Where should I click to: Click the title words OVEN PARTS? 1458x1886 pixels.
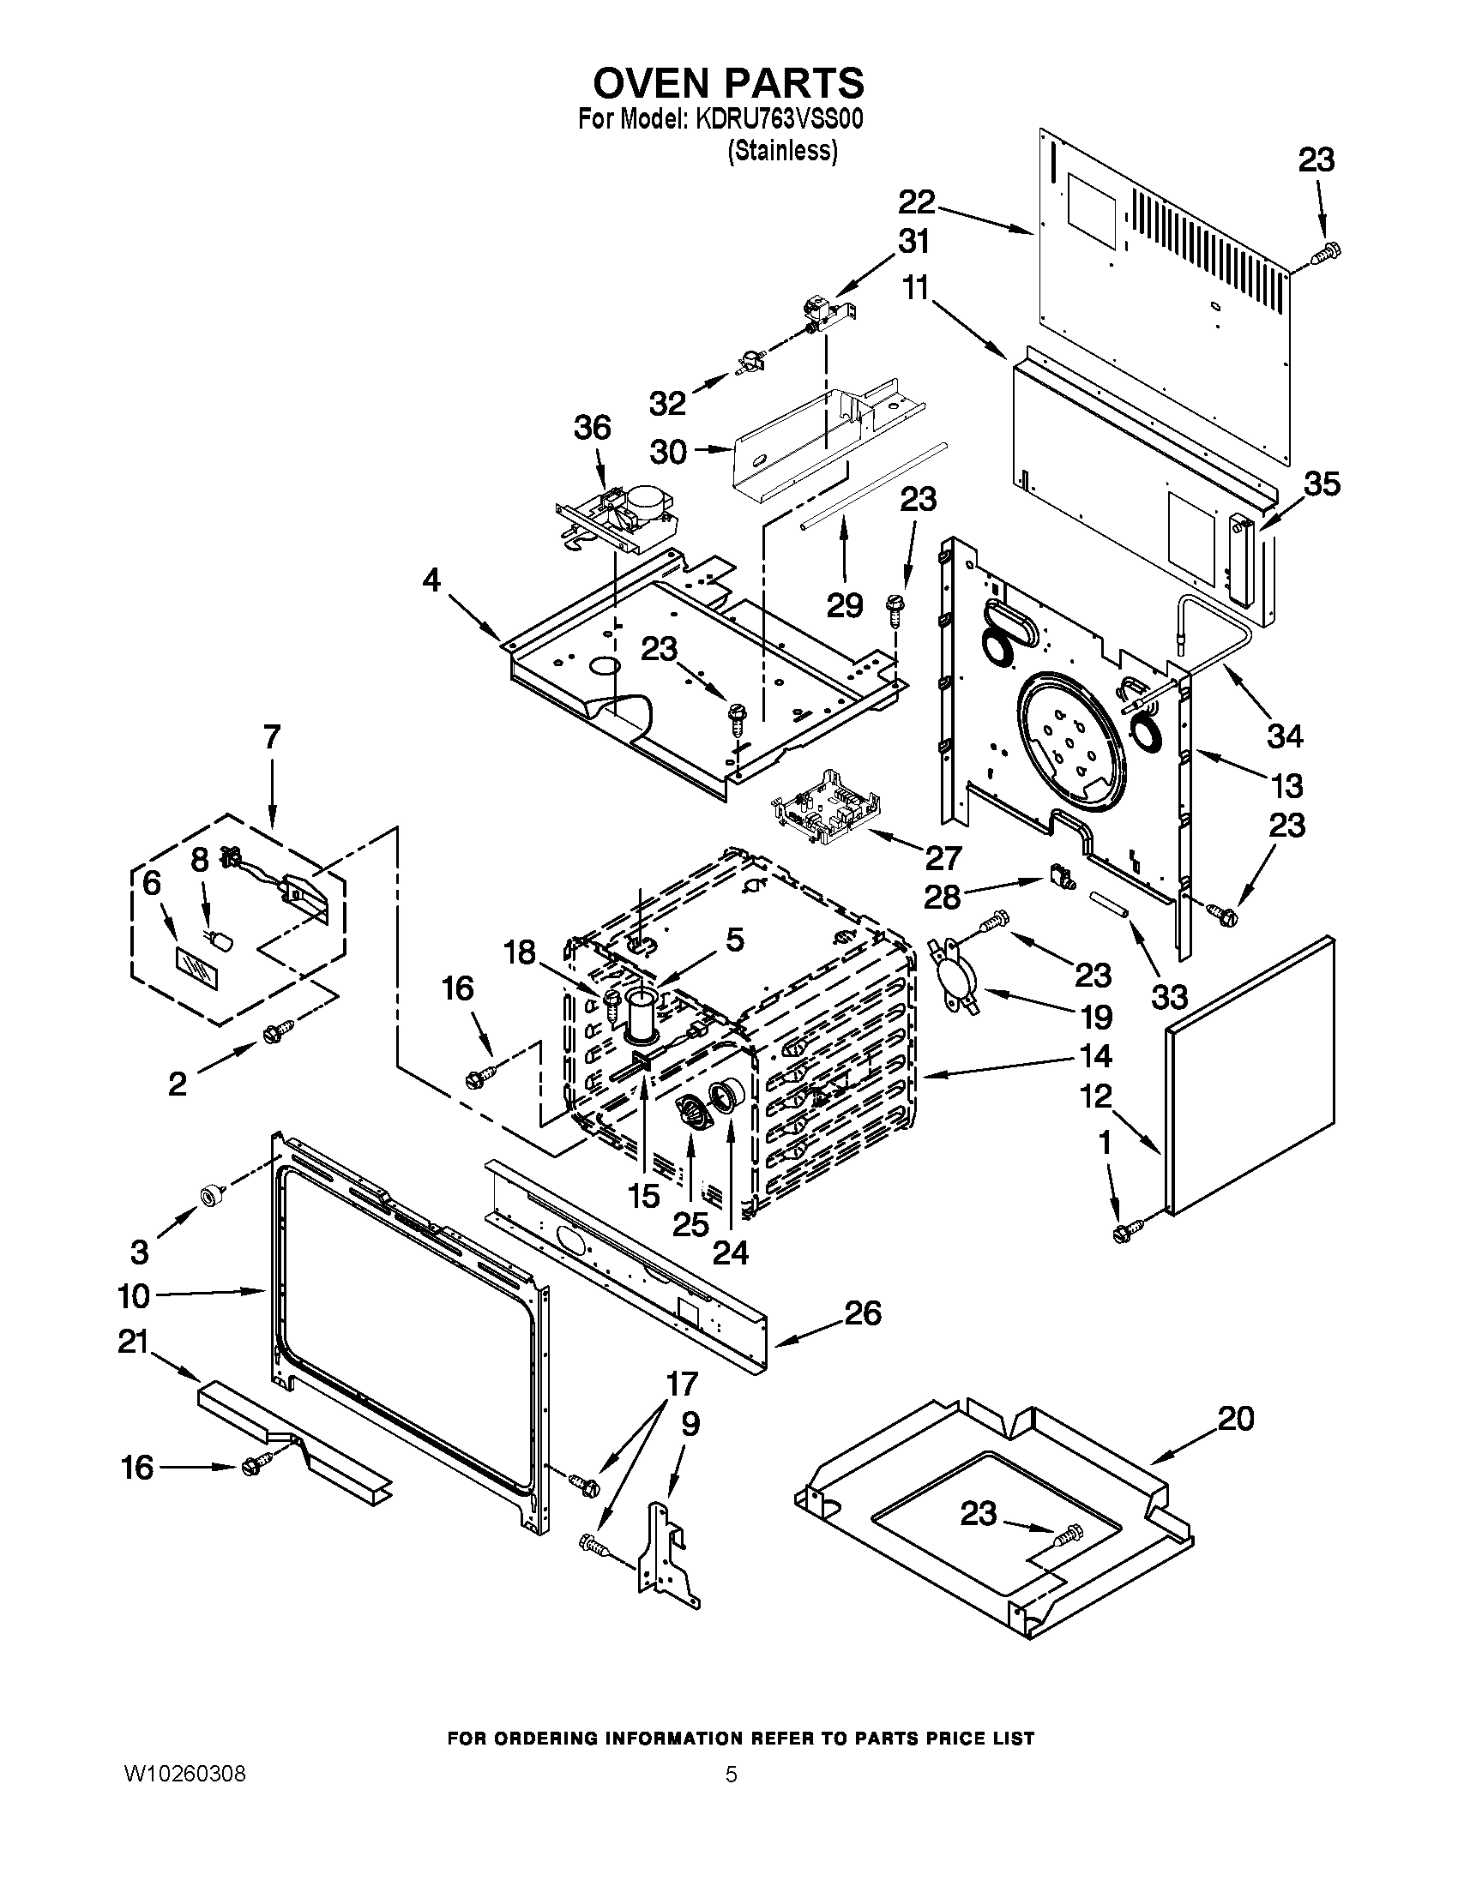point(727,83)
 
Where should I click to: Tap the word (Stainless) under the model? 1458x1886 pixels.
point(782,150)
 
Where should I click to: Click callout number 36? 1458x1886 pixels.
point(593,428)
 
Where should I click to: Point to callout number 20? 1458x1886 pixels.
point(1235,1419)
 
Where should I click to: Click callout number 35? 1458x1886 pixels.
point(1322,484)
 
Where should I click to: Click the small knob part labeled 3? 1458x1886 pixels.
point(210,1196)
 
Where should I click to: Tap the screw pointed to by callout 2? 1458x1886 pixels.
point(279,1028)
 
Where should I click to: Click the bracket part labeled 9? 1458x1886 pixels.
point(666,1554)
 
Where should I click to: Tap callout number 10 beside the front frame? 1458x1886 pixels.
point(134,1319)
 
